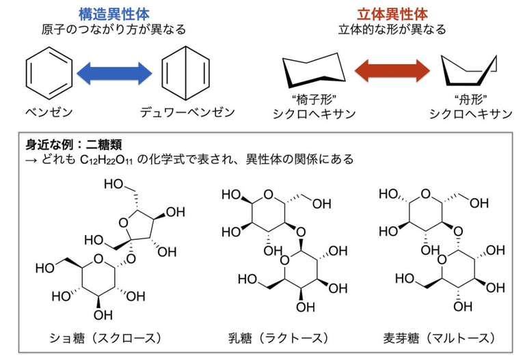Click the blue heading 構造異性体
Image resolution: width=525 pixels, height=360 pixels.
pyautogui.click(x=113, y=13)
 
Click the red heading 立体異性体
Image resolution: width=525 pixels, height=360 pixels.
pyautogui.click(x=392, y=13)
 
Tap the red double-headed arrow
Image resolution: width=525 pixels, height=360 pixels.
pyautogui.click(x=392, y=70)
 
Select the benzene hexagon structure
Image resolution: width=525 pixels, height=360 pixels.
pyautogui.click(x=49, y=71)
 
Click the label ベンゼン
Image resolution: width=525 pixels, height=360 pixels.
pyautogui.click(x=47, y=111)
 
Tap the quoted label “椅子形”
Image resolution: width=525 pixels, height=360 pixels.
pyautogui.click(x=315, y=98)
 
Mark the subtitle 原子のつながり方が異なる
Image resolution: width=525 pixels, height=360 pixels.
pyautogui.click(x=113, y=29)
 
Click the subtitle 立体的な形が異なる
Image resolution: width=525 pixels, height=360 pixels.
pyautogui.click(x=392, y=29)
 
